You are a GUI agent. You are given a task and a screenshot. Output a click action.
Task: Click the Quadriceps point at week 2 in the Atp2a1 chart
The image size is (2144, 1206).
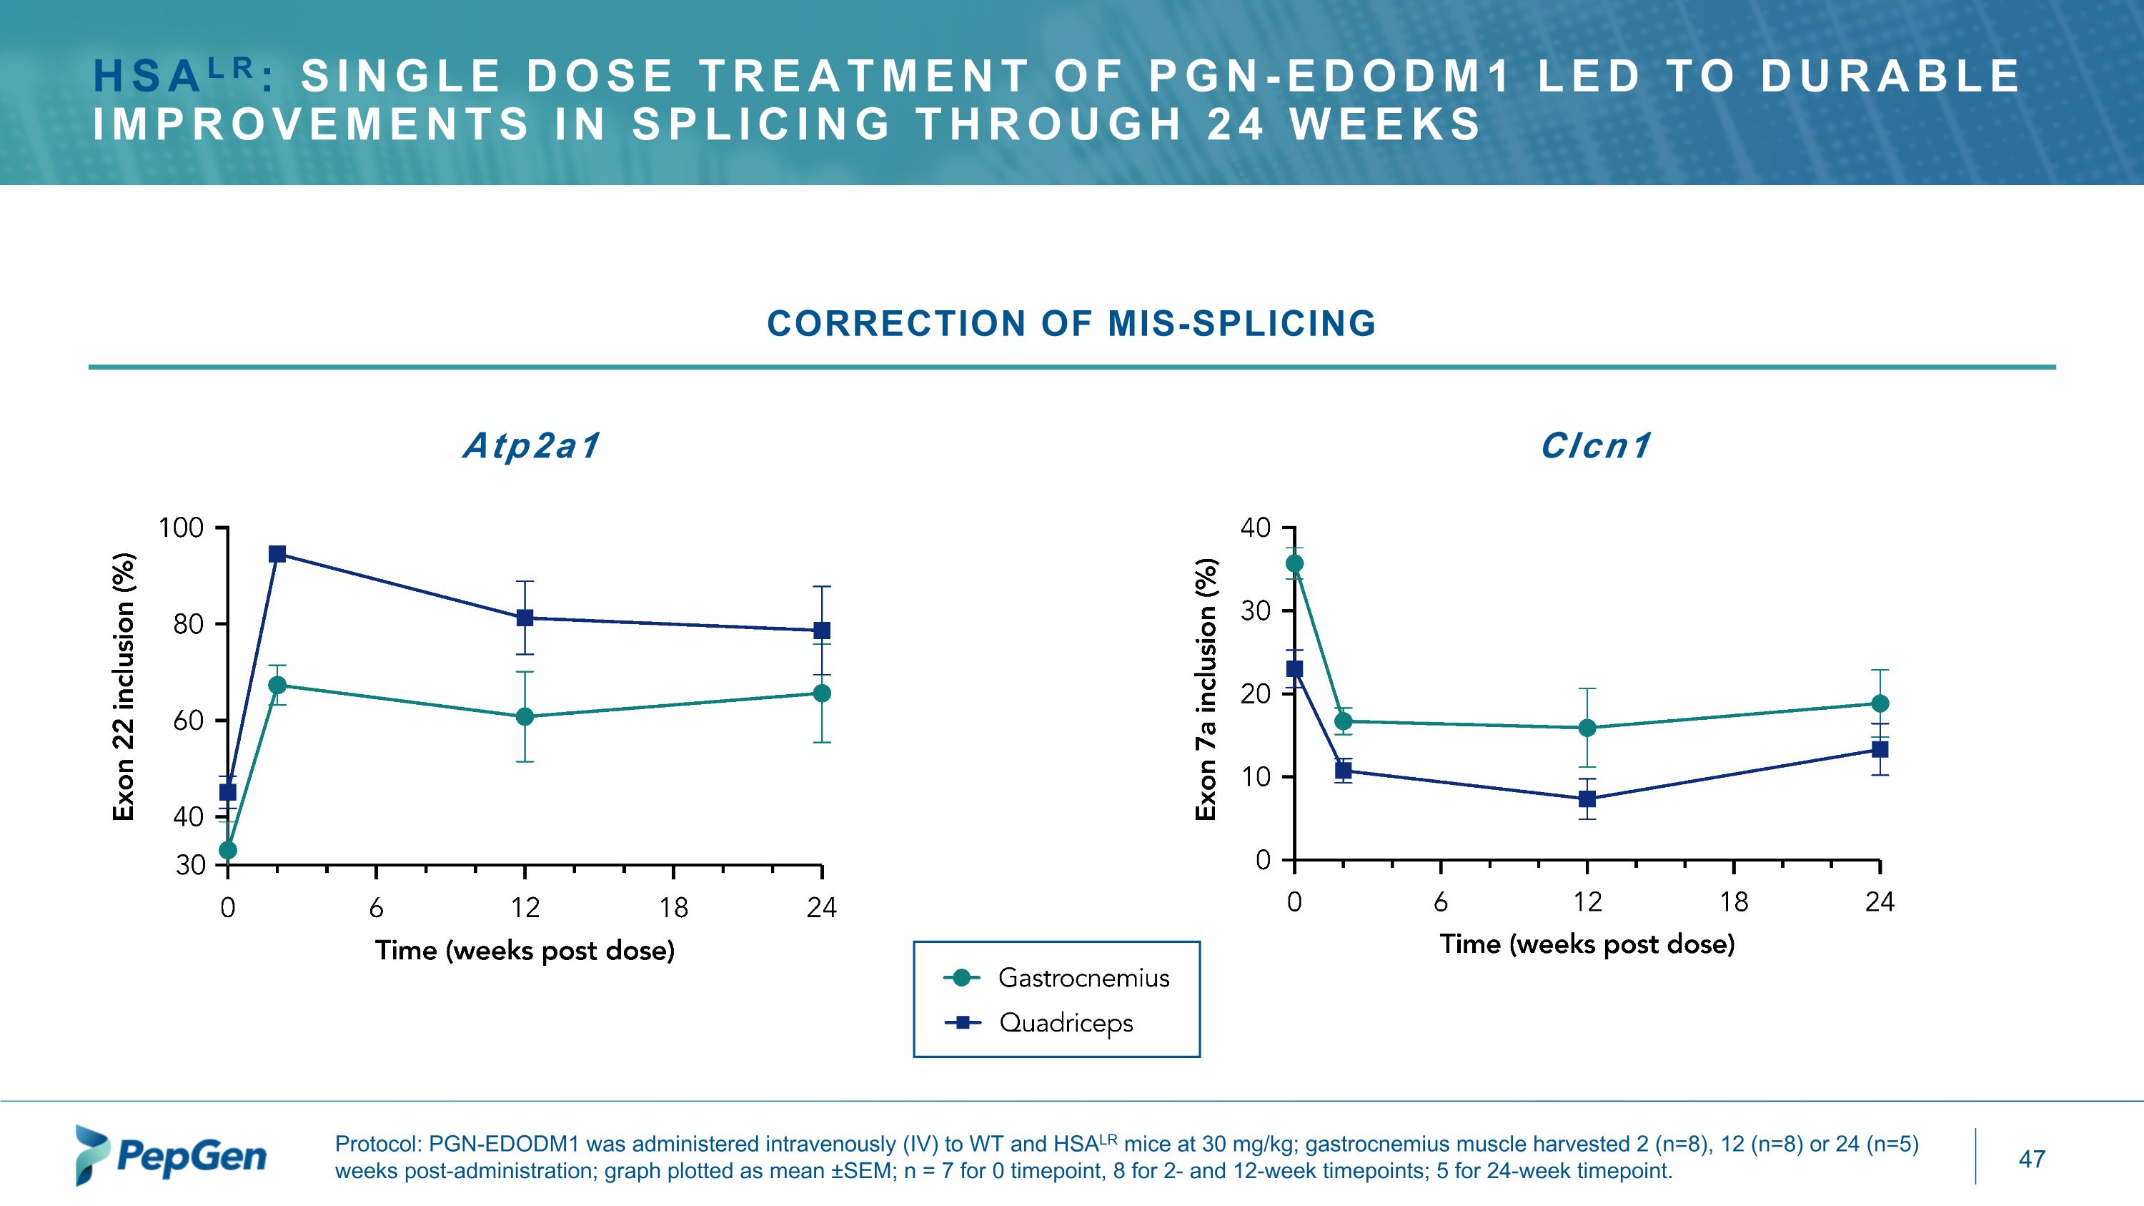point(278,554)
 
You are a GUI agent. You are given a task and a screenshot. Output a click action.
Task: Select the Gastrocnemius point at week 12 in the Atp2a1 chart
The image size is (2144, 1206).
point(525,716)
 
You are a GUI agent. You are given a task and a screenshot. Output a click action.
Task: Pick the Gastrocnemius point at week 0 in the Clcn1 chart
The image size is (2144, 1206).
point(1294,563)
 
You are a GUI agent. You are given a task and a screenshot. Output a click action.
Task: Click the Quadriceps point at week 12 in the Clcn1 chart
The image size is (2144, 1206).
point(1587,799)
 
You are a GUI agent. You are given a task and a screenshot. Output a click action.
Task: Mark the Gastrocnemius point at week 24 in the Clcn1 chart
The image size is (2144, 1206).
point(1880,703)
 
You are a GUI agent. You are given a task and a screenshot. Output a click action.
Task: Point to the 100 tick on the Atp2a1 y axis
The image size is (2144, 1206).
point(181,528)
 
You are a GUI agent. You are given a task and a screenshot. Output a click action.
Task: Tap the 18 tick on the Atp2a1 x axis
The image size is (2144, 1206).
point(673,907)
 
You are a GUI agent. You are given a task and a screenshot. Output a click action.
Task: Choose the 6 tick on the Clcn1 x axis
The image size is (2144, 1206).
point(1441,902)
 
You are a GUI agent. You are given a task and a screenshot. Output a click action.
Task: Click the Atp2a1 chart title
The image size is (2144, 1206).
point(531,446)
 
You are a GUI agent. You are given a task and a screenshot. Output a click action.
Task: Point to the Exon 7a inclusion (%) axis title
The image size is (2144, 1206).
point(1206,689)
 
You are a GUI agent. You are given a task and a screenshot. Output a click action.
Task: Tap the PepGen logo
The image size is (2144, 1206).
point(172,1156)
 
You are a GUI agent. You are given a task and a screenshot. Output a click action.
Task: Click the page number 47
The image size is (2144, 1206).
point(2032,1159)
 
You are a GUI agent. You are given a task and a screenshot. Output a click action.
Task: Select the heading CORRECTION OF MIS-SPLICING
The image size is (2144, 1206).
point(1071,324)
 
